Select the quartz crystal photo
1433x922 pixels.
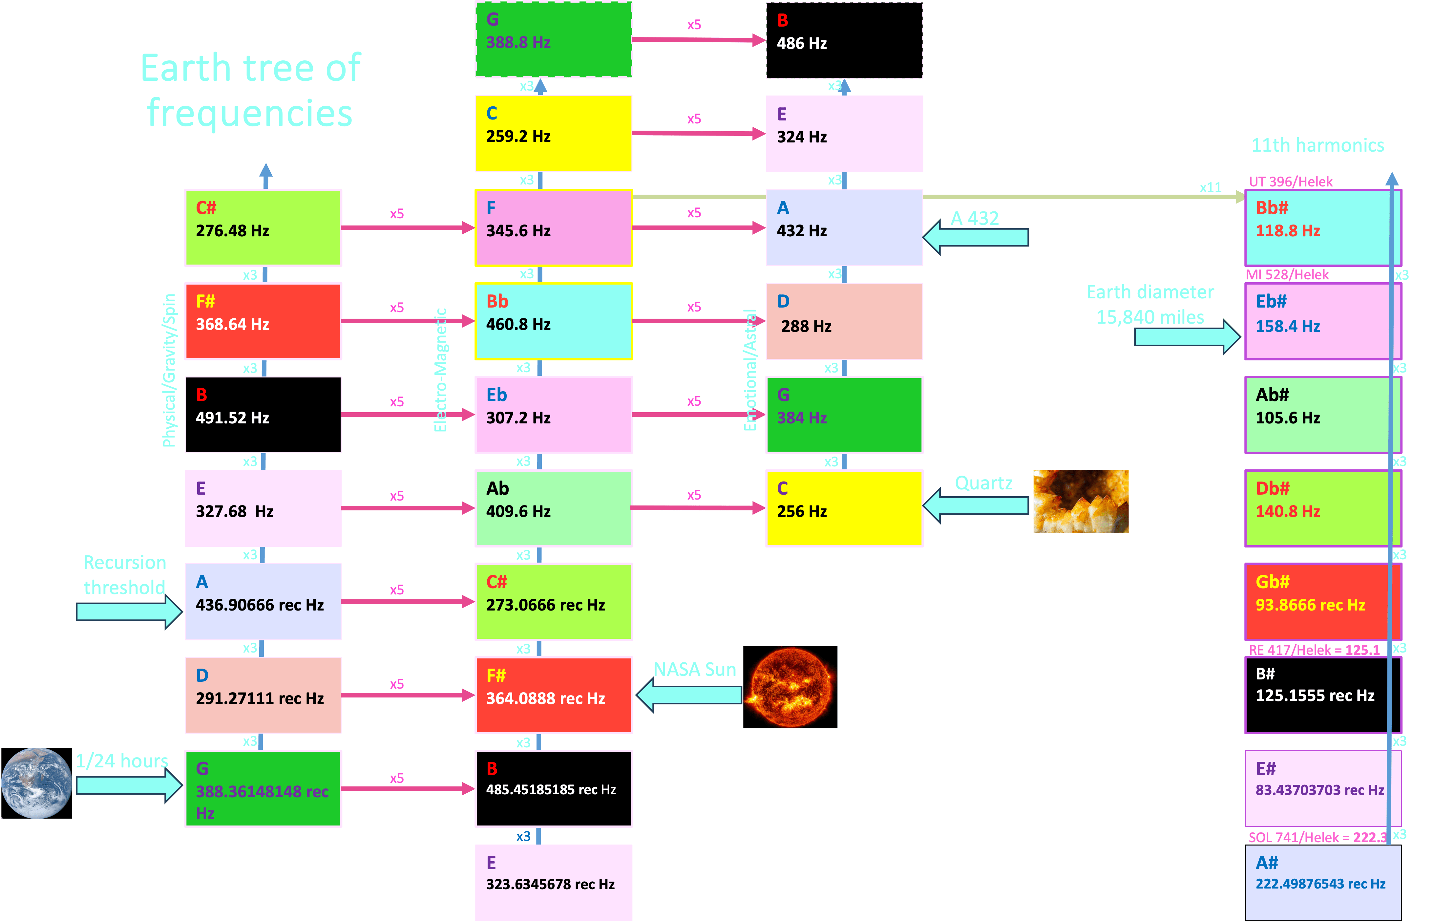click(1081, 501)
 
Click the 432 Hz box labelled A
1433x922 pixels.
click(844, 227)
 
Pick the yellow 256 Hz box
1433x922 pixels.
click(844, 508)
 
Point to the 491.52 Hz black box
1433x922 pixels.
click(263, 414)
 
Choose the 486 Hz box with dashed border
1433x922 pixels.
click(844, 40)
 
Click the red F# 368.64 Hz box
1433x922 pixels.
click(263, 321)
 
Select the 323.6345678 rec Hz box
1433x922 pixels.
click(554, 883)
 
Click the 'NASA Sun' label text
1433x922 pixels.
click(694, 669)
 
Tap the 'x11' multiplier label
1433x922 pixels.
click(1210, 187)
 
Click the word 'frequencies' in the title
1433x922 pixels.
click(250, 113)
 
